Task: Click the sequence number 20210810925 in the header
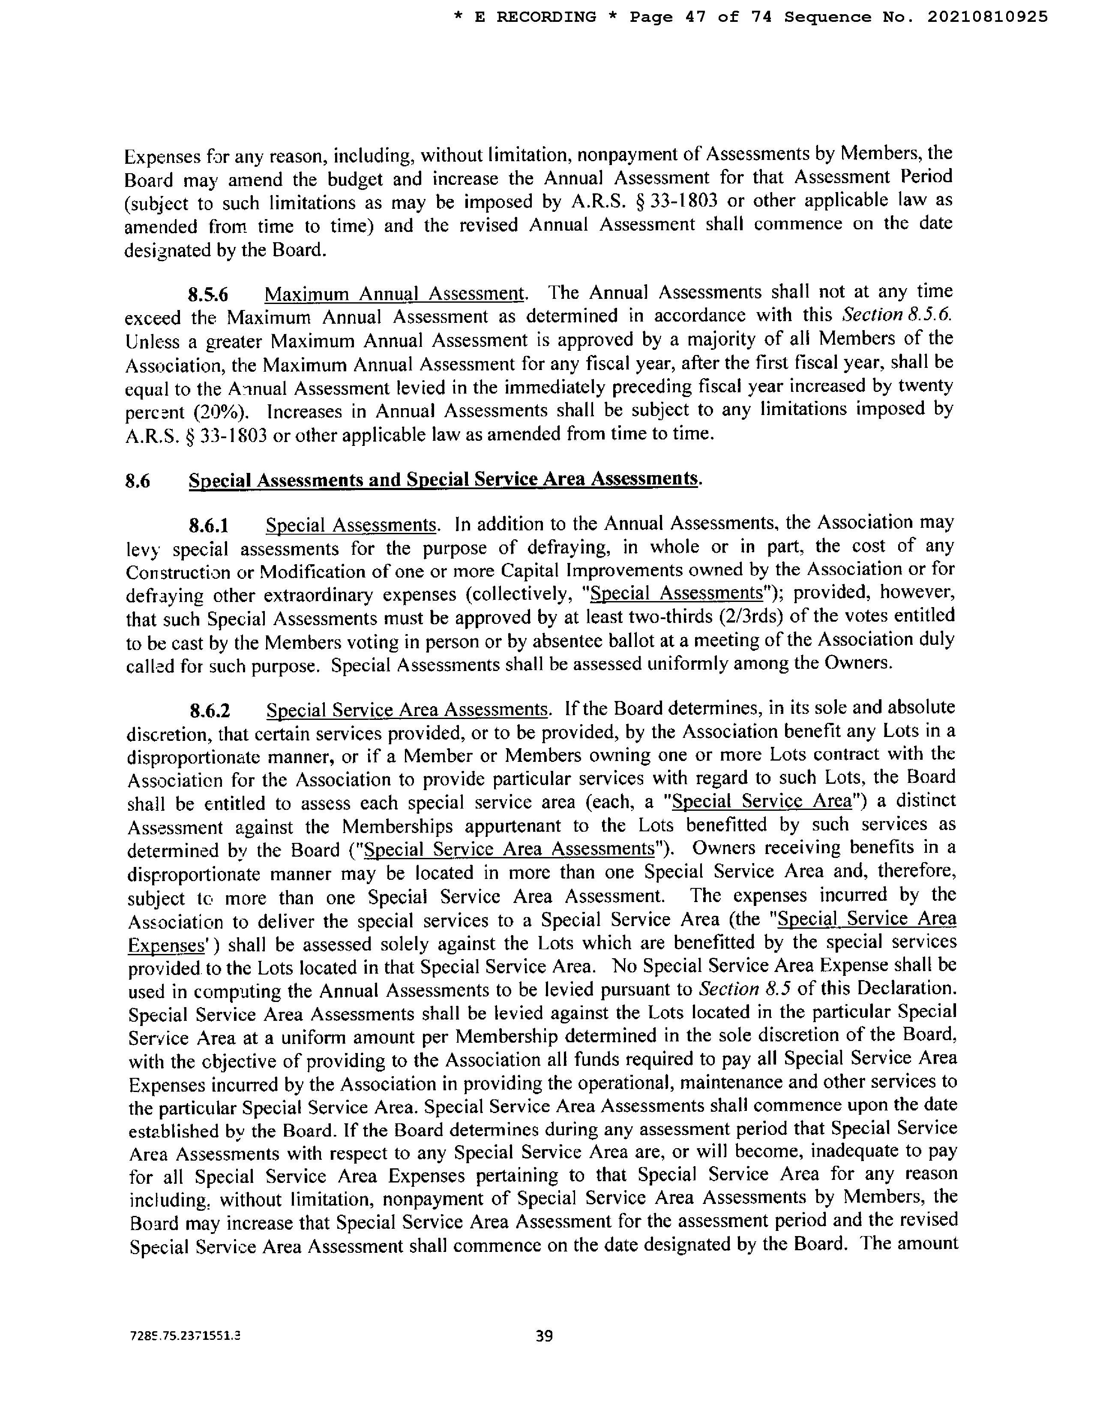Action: coord(987,18)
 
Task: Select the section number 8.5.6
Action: coord(208,295)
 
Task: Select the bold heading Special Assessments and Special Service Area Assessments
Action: coord(444,480)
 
